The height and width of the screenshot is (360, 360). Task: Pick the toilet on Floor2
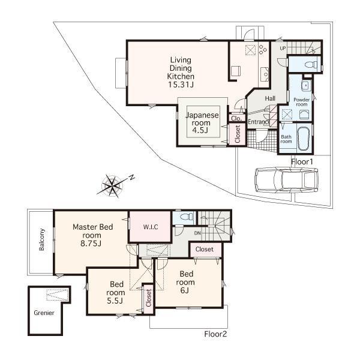(x=185, y=218)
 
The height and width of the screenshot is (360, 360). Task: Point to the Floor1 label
(x=302, y=162)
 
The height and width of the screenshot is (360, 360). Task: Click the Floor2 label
(x=215, y=334)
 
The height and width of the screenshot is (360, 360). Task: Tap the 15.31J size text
(x=180, y=85)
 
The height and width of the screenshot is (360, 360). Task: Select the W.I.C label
(x=150, y=227)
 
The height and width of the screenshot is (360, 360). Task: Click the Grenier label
(x=44, y=313)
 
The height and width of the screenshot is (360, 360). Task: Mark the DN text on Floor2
(x=197, y=233)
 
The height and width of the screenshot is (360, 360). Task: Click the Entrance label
(x=259, y=122)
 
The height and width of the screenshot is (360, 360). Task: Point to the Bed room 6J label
(x=185, y=281)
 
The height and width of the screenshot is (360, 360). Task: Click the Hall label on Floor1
(x=270, y=98)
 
